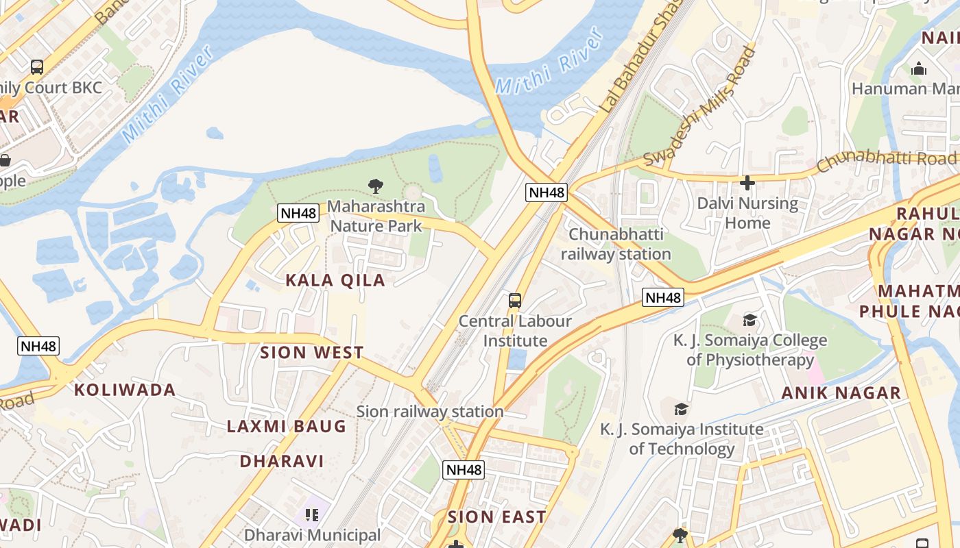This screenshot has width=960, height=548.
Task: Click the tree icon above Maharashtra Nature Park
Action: point(375,185)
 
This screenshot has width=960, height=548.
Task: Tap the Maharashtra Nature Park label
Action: point(376,216)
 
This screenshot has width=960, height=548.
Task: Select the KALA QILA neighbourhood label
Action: point(335,280)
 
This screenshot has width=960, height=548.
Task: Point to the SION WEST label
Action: point(312,353)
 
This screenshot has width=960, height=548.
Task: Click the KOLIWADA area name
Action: point(125,390)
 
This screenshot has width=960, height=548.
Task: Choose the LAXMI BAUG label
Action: point(287,426)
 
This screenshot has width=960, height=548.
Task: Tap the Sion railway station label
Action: point(430,412)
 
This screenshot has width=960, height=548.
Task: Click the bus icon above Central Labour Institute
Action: point(514,301)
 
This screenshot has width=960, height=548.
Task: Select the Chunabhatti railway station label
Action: point(616,244)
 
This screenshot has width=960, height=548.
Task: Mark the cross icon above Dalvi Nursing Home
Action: point(747,183)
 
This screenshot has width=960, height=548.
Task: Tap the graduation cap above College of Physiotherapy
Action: point(749,321)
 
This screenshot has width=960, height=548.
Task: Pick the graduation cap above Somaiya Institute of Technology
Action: point(681,409)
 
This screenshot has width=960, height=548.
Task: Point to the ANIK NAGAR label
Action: point(841,393)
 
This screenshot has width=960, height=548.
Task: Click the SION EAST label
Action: point(497,517)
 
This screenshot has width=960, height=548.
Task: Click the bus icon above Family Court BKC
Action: point(37,67)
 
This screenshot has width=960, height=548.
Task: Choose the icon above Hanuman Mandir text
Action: point(919,68)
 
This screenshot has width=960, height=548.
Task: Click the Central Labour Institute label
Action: point(516,331)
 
